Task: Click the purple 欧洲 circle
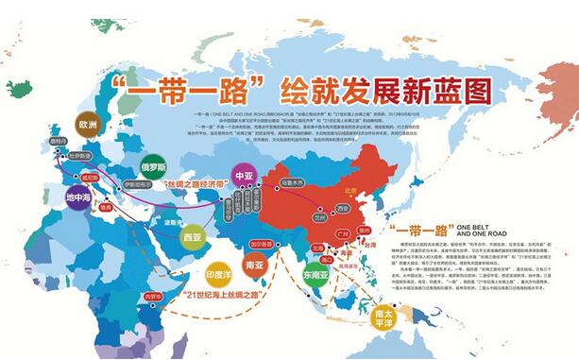click(x=89, y=124)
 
